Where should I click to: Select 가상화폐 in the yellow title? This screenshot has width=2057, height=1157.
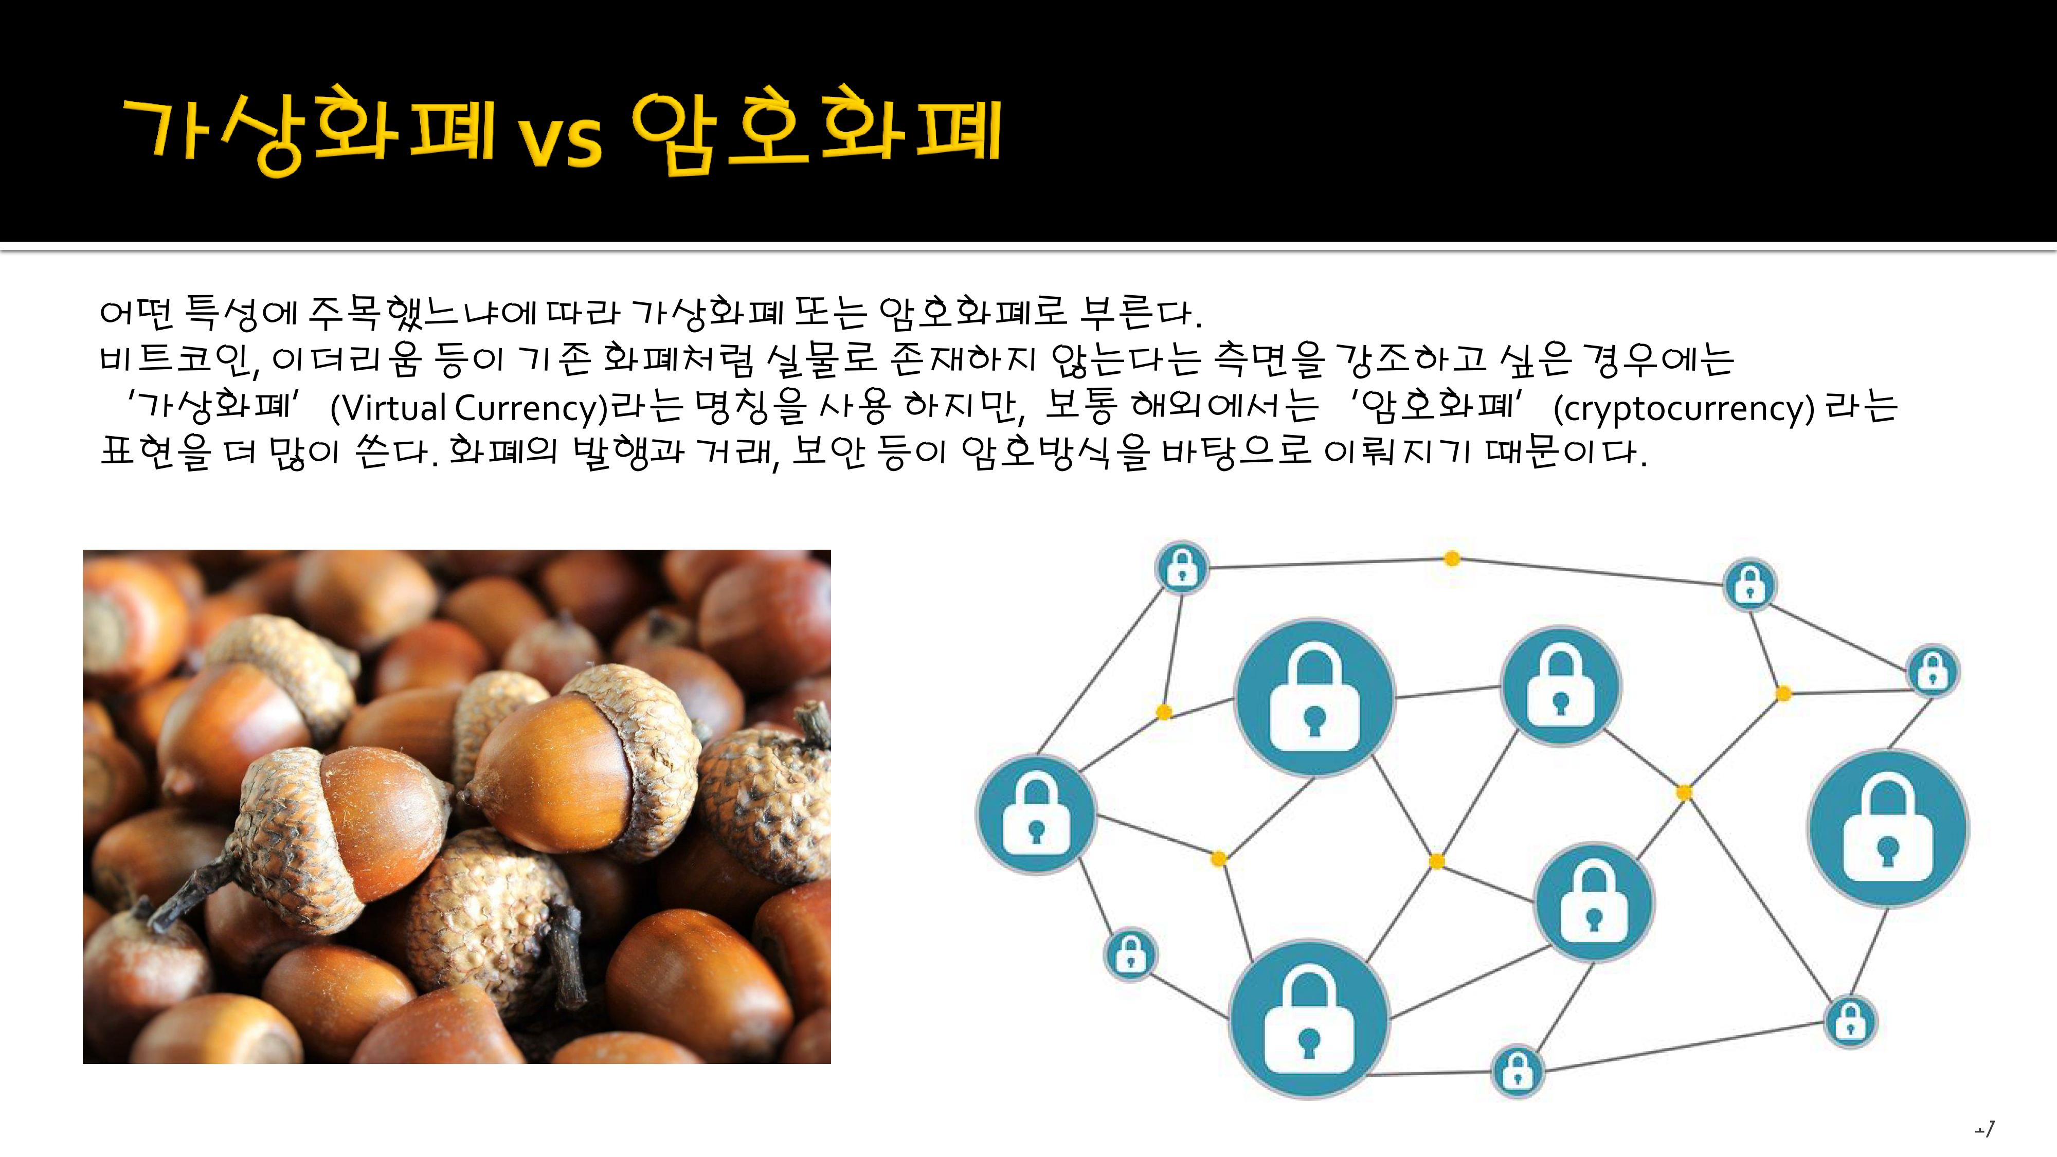coord(309,132)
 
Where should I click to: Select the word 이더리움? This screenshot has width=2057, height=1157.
coord(346,359)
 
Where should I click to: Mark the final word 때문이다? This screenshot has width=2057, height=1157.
coord(1567,453)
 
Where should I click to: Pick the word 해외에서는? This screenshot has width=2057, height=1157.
coord(1226,406)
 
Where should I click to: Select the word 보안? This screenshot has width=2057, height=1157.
coord(828,453)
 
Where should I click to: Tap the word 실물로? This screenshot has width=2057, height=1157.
coord(821,359)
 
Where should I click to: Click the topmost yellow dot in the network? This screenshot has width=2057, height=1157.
coord(1452,559)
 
